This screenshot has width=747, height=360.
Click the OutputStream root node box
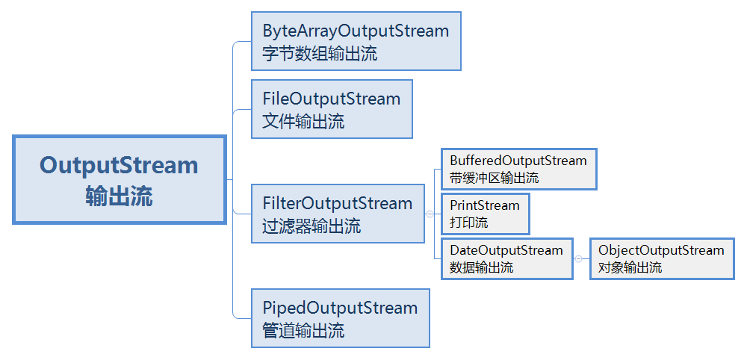(119, 179)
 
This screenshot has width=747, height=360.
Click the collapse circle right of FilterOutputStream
(430, 214)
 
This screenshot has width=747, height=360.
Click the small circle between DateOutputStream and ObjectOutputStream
(578, 258)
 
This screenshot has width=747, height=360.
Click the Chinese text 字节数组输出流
(320, 54)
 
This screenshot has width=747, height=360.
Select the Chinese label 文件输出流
(303, 122)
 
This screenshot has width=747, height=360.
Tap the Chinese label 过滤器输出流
(311, 226)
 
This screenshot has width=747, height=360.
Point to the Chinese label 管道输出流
(303, 331)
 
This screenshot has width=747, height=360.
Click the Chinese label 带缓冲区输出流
(494, 178)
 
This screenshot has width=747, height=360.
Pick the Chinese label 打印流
(468, 223)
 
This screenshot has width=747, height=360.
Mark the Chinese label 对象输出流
(630, 267)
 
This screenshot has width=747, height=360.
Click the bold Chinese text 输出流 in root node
(119, 196)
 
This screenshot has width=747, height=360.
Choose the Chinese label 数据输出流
(481, 267)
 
